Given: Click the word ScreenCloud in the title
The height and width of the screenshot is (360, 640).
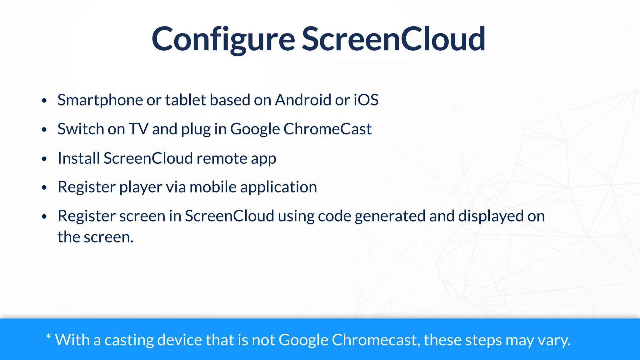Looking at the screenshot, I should [x=393, y=39].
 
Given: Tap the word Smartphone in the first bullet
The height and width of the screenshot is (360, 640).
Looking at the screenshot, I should [x=100, y=100].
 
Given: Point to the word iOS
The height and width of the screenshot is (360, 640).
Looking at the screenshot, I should [x=366, y=100].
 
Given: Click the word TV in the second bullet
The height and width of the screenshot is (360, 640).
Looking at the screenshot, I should [x=138, y=129].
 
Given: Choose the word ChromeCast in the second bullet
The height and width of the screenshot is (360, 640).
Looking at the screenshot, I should [x=327, y=129].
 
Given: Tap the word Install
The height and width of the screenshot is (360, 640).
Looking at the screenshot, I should [x=79, y=158].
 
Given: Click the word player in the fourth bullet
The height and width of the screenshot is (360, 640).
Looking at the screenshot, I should [x=141, y=187].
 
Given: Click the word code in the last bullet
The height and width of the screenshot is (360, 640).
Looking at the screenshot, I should [x=334, y=216].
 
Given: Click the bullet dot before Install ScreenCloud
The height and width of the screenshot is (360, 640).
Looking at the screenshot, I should [x=44, y=159].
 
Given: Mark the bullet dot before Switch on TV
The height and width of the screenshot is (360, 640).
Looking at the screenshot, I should [x=44, y=130].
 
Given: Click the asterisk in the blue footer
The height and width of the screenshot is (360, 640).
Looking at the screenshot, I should [x=48, y=337].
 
